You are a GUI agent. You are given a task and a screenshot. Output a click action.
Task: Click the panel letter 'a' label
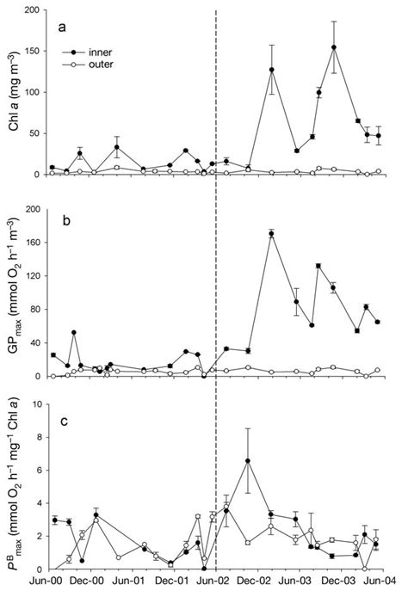[x=61, y=27]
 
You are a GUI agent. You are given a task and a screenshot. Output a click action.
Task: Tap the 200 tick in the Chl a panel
[x=30, y=10]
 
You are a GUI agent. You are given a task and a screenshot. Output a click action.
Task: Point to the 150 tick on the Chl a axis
[x=30, y=51]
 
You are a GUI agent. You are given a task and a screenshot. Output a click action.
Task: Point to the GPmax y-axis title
[x=12, y=292]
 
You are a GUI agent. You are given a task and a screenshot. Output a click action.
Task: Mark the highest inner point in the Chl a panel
[x=333, y=47]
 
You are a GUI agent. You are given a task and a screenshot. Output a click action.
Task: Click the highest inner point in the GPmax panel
[x=272, y=233]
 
